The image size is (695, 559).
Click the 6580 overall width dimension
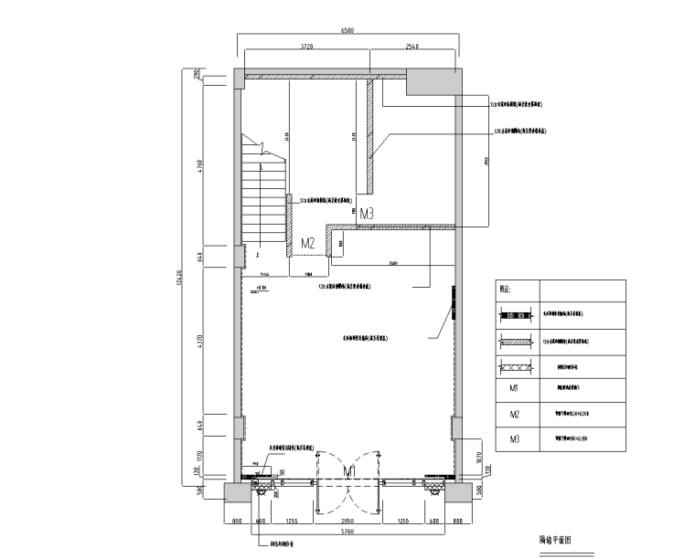click(x=347, y=30)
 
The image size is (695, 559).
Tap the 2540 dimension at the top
click(x=409, y=45)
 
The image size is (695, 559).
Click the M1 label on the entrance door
click(x=348, y=470)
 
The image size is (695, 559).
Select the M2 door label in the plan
click(x=308, y=243)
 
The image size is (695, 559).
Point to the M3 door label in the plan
click(x=367, y=214)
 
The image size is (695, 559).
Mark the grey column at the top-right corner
click(x=431, y=81)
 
